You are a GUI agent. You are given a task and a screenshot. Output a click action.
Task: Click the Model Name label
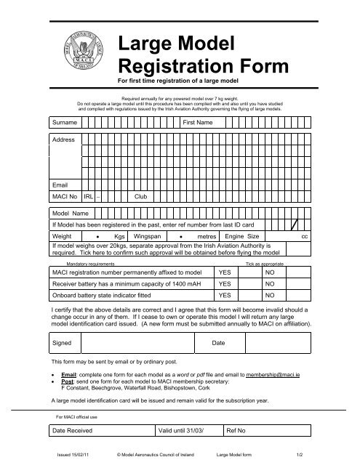[71, 214]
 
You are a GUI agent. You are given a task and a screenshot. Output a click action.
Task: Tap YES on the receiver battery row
[226, 283]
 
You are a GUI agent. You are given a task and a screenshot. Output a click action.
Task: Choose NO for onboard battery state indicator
[270, 296]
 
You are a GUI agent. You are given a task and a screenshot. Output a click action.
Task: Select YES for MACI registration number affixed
[226, 271]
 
